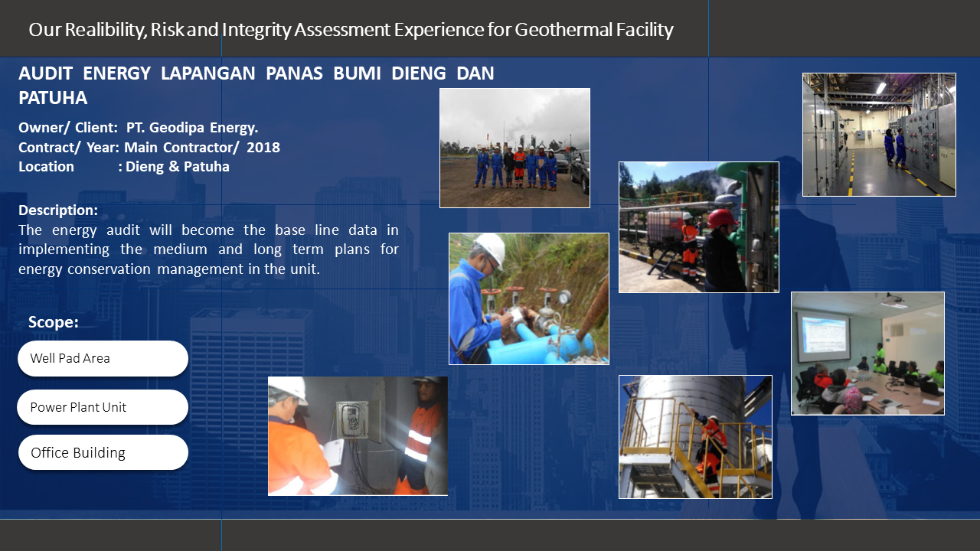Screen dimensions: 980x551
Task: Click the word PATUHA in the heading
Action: [53, 97]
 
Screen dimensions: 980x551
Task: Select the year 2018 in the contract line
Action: [263, 148]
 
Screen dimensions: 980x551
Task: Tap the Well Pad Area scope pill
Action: [103, 358]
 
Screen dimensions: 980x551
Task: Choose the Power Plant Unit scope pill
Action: [103, 407]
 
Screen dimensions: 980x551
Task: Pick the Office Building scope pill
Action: [103, 452]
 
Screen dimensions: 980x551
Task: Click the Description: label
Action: [58, 210]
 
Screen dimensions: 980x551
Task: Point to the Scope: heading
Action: [54, 322]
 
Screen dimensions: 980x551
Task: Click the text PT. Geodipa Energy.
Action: [192, 128]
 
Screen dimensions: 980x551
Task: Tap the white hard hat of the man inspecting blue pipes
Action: [492, 248]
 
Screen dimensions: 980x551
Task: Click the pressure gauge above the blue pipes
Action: [564, 298]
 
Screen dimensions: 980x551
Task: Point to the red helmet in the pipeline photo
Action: [722, 218]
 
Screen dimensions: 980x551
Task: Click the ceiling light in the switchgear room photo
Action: [880, 87]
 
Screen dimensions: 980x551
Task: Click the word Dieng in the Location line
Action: [145, 167]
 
